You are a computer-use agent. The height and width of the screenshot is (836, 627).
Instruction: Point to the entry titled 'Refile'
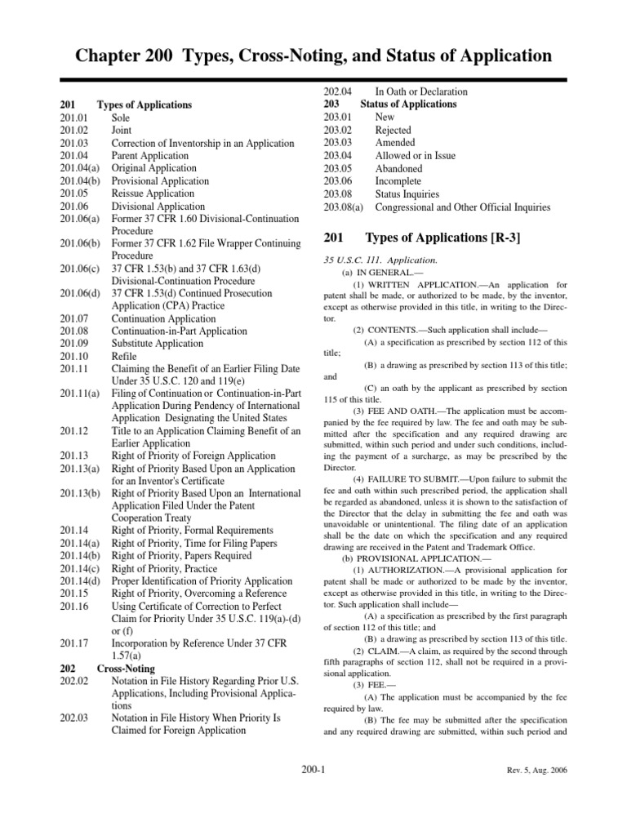125,357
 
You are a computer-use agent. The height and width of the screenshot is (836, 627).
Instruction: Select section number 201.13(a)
80,469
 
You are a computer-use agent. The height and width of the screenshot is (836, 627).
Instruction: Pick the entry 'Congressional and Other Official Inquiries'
462,207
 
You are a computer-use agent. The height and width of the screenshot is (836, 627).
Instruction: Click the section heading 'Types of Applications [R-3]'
442,238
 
